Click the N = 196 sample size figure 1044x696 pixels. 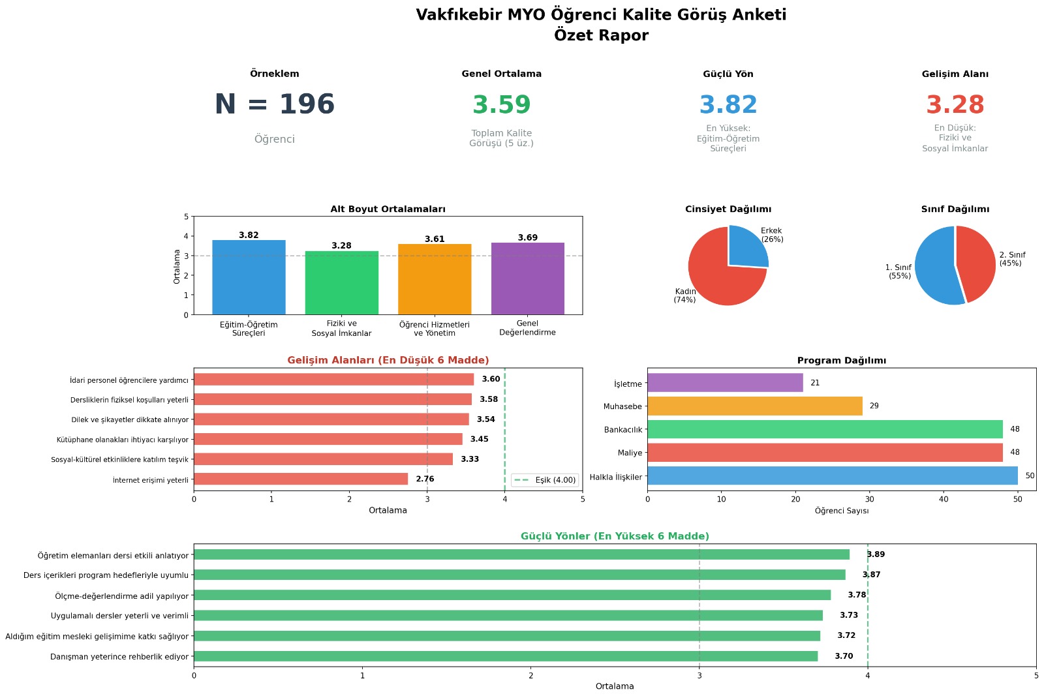pyautogui.click(x=274, y=104)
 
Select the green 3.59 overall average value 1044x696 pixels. pyautogui.click(x=501, y=105)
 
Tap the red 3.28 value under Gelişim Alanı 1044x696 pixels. pyautogui.click(x=955, y=105)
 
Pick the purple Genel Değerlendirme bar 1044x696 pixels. pyautogui.click(x=527, y=279)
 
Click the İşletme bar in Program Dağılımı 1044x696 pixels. pyautogui.click(x=725, y=383)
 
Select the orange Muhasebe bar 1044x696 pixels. pyautogui.click(x=754, y=406)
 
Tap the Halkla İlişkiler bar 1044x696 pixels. pyautogui.click(x=832, y=476)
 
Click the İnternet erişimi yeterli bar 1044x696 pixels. pyautogui.click(x=300, y=479)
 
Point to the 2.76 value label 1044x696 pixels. pyautogui.click(x=425, y=479)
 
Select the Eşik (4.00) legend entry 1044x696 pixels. pyautogui.click(x=545, y=480)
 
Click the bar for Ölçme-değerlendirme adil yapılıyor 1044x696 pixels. pyautogui.click(x=512, y=595)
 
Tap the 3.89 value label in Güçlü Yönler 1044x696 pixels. pyautogui.click(x=876, y=554)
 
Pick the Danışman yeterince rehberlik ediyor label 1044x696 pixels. pyautogui.click(x=119, y=657)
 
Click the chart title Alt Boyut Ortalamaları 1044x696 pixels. pyautogui.click(x=388, y=209)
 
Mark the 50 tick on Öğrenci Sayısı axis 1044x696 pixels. pyautogui.click(x=1017, y=500)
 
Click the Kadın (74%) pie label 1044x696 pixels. pyautogui.click(x=685, y=295)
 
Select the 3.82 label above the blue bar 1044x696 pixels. pyautogui.click(x=249, y=235)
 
